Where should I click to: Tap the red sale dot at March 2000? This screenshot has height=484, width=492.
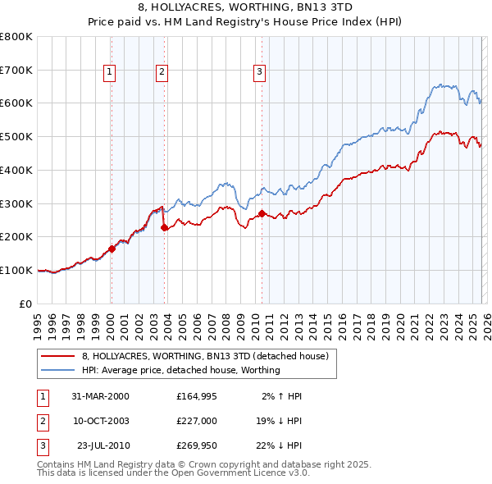point(112,249)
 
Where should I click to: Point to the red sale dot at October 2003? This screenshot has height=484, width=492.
point(164,227)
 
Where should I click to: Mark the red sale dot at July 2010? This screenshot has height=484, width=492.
point(262,213)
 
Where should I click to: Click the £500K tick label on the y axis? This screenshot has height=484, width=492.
point(16,136)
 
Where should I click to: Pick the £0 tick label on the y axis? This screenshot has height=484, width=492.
point(25,304)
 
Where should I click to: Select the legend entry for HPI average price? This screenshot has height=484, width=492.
point(181,370)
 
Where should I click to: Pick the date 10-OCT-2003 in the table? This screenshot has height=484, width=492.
point(101,421)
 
